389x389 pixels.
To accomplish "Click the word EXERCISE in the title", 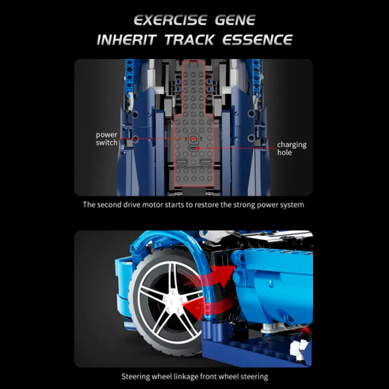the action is (170, 20).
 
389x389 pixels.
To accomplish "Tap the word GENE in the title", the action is (235, 20).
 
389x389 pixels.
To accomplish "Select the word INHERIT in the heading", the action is (126, 40).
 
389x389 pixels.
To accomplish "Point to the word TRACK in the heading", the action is (189, 40).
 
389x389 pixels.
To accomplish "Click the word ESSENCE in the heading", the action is (257, 40).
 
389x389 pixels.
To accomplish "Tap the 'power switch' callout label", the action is (107, 139).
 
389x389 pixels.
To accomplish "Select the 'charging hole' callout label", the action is (292, 148).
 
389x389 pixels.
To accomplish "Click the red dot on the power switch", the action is (193, 139).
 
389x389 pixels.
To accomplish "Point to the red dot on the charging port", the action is (197, 148).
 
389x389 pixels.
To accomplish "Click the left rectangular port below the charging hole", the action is (182, 162).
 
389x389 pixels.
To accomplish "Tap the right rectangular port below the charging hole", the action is (206, 162).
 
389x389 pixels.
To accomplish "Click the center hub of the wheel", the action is (172, 301).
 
